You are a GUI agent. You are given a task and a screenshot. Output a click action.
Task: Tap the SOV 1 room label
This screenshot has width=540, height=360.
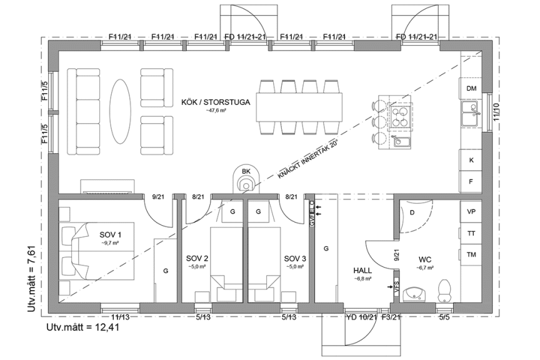coord(111,235)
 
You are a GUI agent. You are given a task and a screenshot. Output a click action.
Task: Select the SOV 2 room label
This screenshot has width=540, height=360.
coord(197,258)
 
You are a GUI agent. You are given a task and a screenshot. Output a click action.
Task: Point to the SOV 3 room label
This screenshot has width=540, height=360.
coord(294,258)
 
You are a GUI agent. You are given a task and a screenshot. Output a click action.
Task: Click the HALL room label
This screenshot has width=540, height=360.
coord(363,271)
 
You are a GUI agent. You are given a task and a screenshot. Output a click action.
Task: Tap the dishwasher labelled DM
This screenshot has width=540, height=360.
coord(471,89)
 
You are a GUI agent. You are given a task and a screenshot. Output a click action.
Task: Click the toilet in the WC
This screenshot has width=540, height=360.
coord(445,289)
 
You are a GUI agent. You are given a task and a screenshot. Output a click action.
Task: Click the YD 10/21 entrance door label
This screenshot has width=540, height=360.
coord(361,317)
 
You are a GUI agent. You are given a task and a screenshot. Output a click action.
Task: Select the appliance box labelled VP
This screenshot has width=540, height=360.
coord(471,212)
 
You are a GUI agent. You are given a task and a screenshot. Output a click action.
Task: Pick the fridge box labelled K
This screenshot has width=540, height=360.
coord(471,160)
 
